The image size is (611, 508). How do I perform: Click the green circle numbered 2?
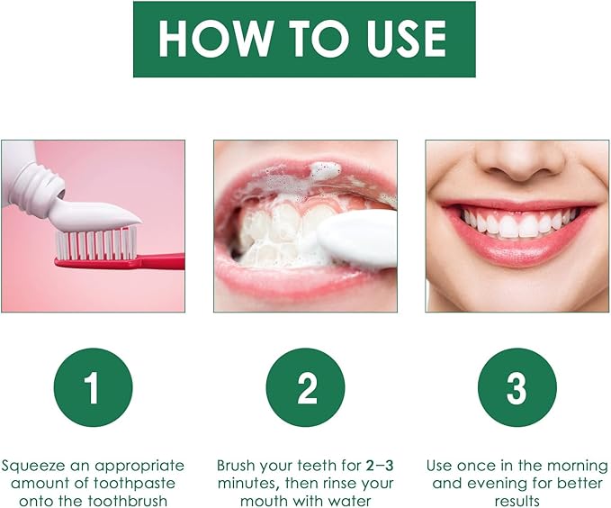pos(305,388)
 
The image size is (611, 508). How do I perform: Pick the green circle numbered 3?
pos(517,388)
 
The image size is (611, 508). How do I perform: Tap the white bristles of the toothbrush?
pos(95,243)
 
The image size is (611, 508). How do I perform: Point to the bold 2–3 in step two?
pos(382,466)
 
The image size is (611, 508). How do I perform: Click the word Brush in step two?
pos(237,466)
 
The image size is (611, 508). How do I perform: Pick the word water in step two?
pos(351,501)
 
